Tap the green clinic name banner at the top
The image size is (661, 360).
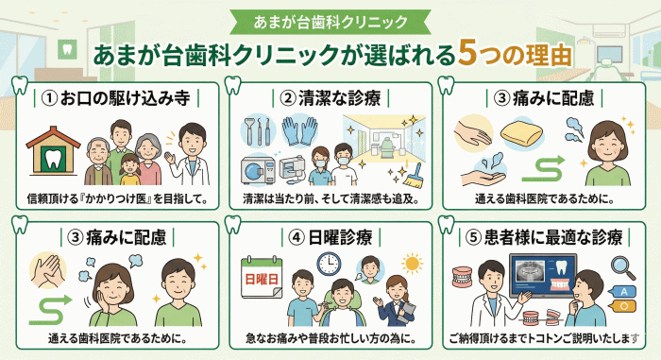[x=330, y=19]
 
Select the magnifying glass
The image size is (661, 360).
[x=620, y=266]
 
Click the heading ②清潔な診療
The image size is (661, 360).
[x=330, y=98]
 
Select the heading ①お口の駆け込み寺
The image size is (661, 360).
[x=114, y=98]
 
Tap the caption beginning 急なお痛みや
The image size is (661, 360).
[x=330, y=338]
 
